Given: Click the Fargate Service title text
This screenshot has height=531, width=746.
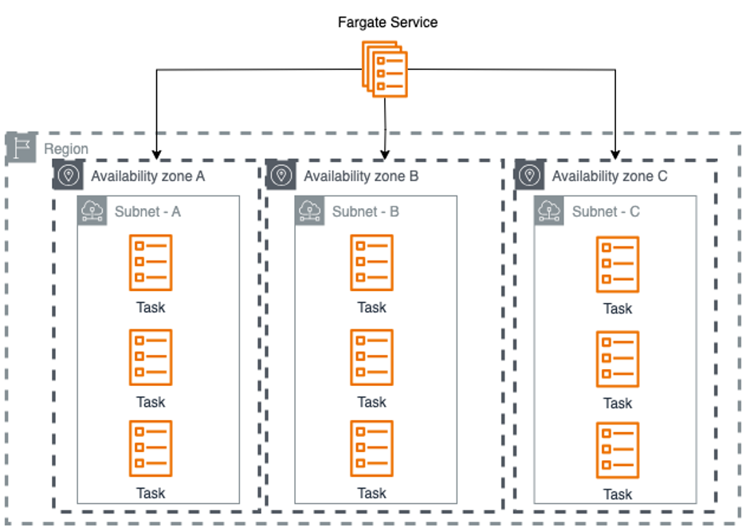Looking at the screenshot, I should point(387,22).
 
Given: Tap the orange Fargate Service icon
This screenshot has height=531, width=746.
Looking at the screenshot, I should point(387,69).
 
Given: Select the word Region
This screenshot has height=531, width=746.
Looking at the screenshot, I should point(66,149).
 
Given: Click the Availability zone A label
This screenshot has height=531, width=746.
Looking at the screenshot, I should point(147,176).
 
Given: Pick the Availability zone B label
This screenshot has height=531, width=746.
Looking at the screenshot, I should point(361,176).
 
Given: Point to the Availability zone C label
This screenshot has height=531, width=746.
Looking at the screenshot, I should point(610,176).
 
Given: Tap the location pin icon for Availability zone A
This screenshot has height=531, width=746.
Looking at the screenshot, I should point(68,175).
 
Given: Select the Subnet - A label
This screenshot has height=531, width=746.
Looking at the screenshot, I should point(147,211).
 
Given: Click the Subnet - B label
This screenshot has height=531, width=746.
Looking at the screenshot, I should point(366,211).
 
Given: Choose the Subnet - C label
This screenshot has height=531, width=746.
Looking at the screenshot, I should point(606,212).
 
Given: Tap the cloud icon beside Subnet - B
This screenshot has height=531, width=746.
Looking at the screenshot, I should point(309,210).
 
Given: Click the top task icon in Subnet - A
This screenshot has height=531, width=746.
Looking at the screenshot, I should point(151,262).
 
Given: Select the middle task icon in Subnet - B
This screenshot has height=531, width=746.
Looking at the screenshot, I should point(371,357).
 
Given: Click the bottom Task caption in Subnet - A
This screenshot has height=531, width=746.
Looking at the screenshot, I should point(151,494).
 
